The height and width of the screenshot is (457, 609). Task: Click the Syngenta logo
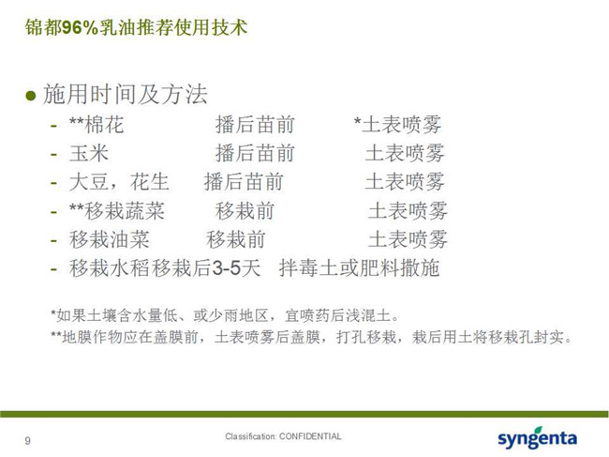pos(537,438)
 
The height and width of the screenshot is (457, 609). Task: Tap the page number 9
pos(27,441)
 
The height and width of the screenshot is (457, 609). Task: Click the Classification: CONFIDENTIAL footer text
pos(283,436)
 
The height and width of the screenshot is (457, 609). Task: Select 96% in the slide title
pos(80,27)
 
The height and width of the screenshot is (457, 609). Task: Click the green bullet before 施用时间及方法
pos(30,96)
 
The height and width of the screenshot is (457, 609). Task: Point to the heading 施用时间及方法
pos(126,95)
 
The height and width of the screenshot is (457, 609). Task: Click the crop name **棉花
pos(97,125)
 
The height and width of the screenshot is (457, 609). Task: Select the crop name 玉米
pos(89,153)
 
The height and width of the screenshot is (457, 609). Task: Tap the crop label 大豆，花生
pos(119,182)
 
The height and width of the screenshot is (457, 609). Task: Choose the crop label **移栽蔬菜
pos(116,211)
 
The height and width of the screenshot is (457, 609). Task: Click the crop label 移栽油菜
pos(109,239)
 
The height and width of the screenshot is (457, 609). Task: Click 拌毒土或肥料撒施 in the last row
pos(359,268)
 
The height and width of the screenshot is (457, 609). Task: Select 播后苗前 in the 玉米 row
pos(255,153)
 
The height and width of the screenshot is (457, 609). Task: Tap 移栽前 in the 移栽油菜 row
pos(236,239)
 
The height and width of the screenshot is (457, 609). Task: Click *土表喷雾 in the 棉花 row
pos(397,125)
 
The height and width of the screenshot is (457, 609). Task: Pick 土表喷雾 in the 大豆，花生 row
pos(405,182)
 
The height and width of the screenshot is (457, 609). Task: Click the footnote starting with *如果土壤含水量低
pos(225,315)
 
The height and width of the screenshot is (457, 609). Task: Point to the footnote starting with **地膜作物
pos(311,337)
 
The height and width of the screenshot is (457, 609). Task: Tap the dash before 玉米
pos(54,155)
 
